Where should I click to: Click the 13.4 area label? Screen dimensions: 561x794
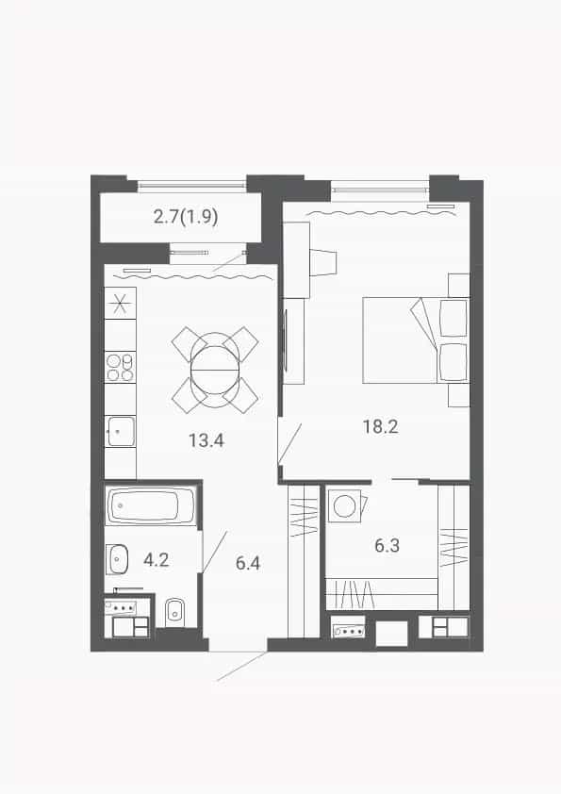pyautogui.click(x=206, y=440)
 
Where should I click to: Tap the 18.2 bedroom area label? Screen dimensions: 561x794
pyautogui.click(x=380, y=426)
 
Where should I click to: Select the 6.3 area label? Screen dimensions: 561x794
pyautogui.click(x=387, y=545)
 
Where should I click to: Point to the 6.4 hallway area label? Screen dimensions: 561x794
pyautogui.click(x=248, y=563)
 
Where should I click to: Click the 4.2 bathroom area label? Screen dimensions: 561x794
pyautogui.click(x=156, y=559)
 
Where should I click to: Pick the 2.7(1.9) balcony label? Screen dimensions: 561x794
pyautogui.click(x=186, y=217)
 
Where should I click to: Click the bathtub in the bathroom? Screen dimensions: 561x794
pyautogui.click(x=151, y=505)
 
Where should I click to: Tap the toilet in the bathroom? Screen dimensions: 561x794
pyautogui.click(x=175, y=613)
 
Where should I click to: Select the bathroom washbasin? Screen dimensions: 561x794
pyautogui.click(x=117, y=559)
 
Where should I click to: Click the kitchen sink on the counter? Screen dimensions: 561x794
pyautogui.click(x=120, y=432)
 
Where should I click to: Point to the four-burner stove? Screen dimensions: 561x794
pyautogui.click(x=120, y=367)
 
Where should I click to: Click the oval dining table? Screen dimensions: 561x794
pyautogui.click(x=215, y=370)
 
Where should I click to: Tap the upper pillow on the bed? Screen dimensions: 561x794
pyautogui.click(x=454, y=318)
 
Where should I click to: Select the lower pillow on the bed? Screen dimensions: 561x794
pyautogui.click(x=454, y=362)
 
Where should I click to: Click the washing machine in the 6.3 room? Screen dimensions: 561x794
pyautogui.click(x=345, y=505)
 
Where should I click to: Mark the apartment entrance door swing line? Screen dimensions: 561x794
pyautogui.click(x=242, y=666)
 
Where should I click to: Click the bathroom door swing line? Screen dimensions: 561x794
pyautogui.click(x=215, y=552)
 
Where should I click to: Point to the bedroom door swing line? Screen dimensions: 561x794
pyautogui.click(x=289, y=443)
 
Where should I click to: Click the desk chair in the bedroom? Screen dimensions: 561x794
pyautogui.click(x=322, y=263)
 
